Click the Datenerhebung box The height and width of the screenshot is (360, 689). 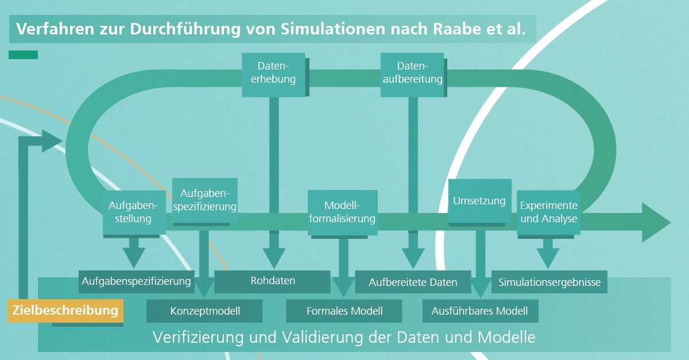(273, 75)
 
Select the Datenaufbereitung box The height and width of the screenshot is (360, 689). (412, 75)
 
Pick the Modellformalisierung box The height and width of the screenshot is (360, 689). (343, 212)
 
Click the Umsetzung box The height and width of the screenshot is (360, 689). (480, 201)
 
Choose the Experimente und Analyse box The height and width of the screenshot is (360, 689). (549, 212)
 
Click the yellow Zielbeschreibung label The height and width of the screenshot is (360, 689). (65, 311)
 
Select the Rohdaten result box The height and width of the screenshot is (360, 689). (272, 281)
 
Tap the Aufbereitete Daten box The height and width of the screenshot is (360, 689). (413, 281)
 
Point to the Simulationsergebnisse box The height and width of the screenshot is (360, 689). (549, 281)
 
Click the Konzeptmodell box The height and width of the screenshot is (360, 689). (204, 311)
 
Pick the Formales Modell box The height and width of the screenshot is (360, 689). (344, 311)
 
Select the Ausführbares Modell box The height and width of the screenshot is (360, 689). (481, 311)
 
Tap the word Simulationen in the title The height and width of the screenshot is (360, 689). (333, 29)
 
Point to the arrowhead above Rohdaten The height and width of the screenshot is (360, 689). (274, 258)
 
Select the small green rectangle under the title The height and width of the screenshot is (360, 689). (24, 55)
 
